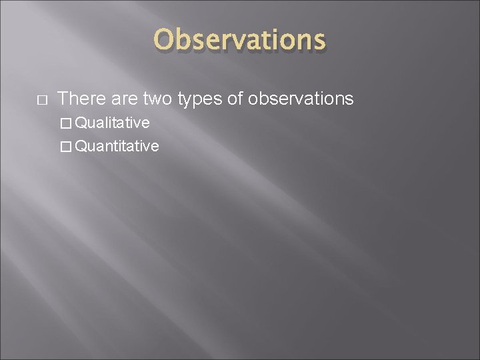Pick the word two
click(157, 99)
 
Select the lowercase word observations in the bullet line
click(301, 99)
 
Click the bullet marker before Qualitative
click(65, 123)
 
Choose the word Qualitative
click(112, 123)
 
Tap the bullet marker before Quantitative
click(65, 146)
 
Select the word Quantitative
click(117, 146)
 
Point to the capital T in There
click(63, 99)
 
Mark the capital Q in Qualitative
click(81, 123)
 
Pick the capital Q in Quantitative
click(81, 146)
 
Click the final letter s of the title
click(319, 41)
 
